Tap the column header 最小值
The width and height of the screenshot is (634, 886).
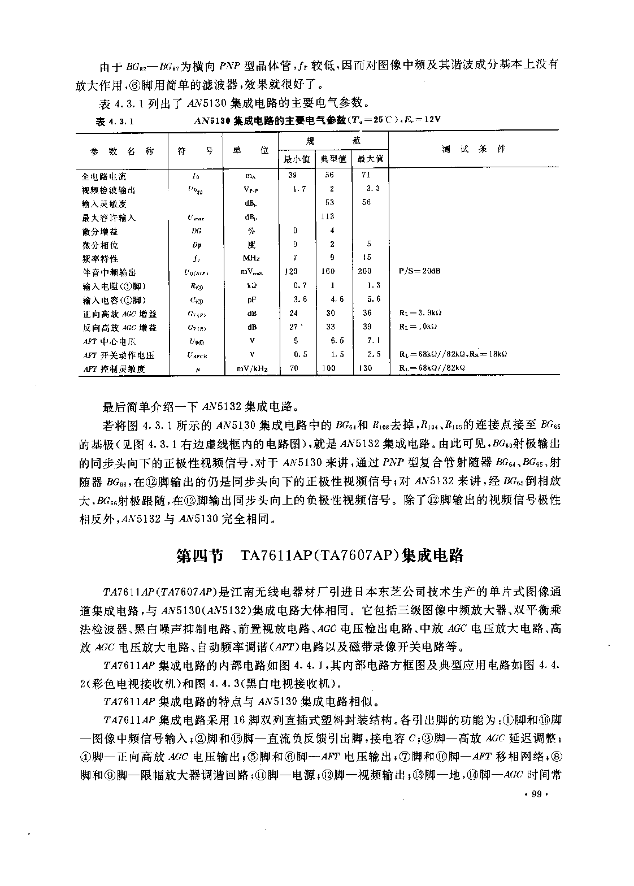297,159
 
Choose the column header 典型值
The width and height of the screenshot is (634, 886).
333,159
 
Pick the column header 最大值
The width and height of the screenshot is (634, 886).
370,159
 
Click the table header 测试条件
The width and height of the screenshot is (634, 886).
474,149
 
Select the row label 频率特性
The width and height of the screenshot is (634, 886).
100,259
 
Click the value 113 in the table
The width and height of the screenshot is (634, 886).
328,216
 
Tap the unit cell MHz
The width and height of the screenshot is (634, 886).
251,259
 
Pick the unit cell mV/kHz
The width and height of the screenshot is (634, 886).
252,369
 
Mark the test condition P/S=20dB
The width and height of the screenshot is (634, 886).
420,271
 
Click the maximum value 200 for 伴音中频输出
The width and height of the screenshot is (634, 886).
365,271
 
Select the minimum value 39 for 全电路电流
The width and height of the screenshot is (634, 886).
292,176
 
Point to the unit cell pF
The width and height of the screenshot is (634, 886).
251,300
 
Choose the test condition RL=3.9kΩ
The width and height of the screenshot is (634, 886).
420,313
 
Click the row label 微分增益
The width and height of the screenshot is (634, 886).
100,231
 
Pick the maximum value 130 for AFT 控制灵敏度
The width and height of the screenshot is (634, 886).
366,368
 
